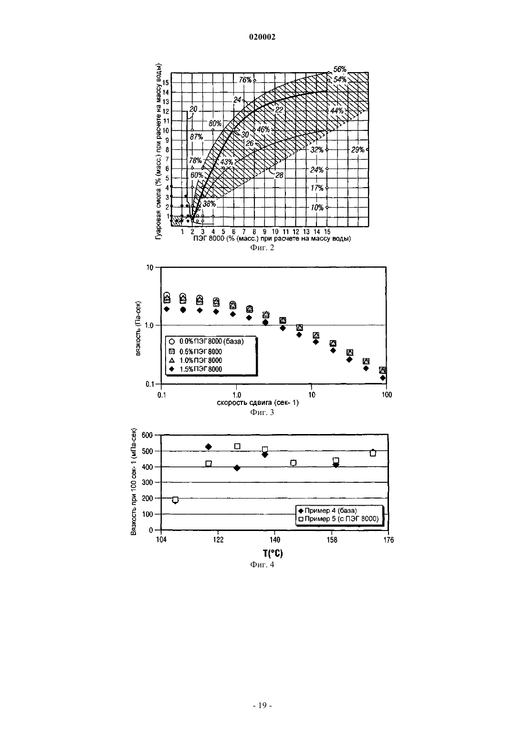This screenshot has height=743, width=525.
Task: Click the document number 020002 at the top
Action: point(262,37)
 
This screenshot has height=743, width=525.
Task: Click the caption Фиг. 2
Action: point(262,247)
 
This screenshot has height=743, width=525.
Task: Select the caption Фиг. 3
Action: point(262,412)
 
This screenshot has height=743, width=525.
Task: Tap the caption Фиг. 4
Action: point(262,564)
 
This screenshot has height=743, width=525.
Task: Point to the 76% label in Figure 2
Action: point(245,80)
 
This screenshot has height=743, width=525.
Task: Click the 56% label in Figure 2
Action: point(340,69)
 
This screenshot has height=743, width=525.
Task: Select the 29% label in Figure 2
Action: point(358,149)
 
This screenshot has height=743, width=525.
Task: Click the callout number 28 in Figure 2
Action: point(279,175)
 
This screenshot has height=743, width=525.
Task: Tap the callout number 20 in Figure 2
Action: point(193,109)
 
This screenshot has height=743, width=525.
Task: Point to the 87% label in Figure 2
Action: point(197,137)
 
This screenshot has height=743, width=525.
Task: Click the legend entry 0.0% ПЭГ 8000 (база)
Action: point(211,341)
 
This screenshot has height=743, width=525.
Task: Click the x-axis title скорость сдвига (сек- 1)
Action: point(258,403)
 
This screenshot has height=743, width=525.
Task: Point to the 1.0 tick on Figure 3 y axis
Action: point(149,325)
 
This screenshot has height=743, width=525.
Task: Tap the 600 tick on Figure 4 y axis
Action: point(147,435)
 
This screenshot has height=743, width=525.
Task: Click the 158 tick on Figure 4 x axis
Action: point(332,540)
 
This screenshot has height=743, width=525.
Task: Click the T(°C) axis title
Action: point(273,553)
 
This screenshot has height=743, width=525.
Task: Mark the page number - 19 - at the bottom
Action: point(262,706)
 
